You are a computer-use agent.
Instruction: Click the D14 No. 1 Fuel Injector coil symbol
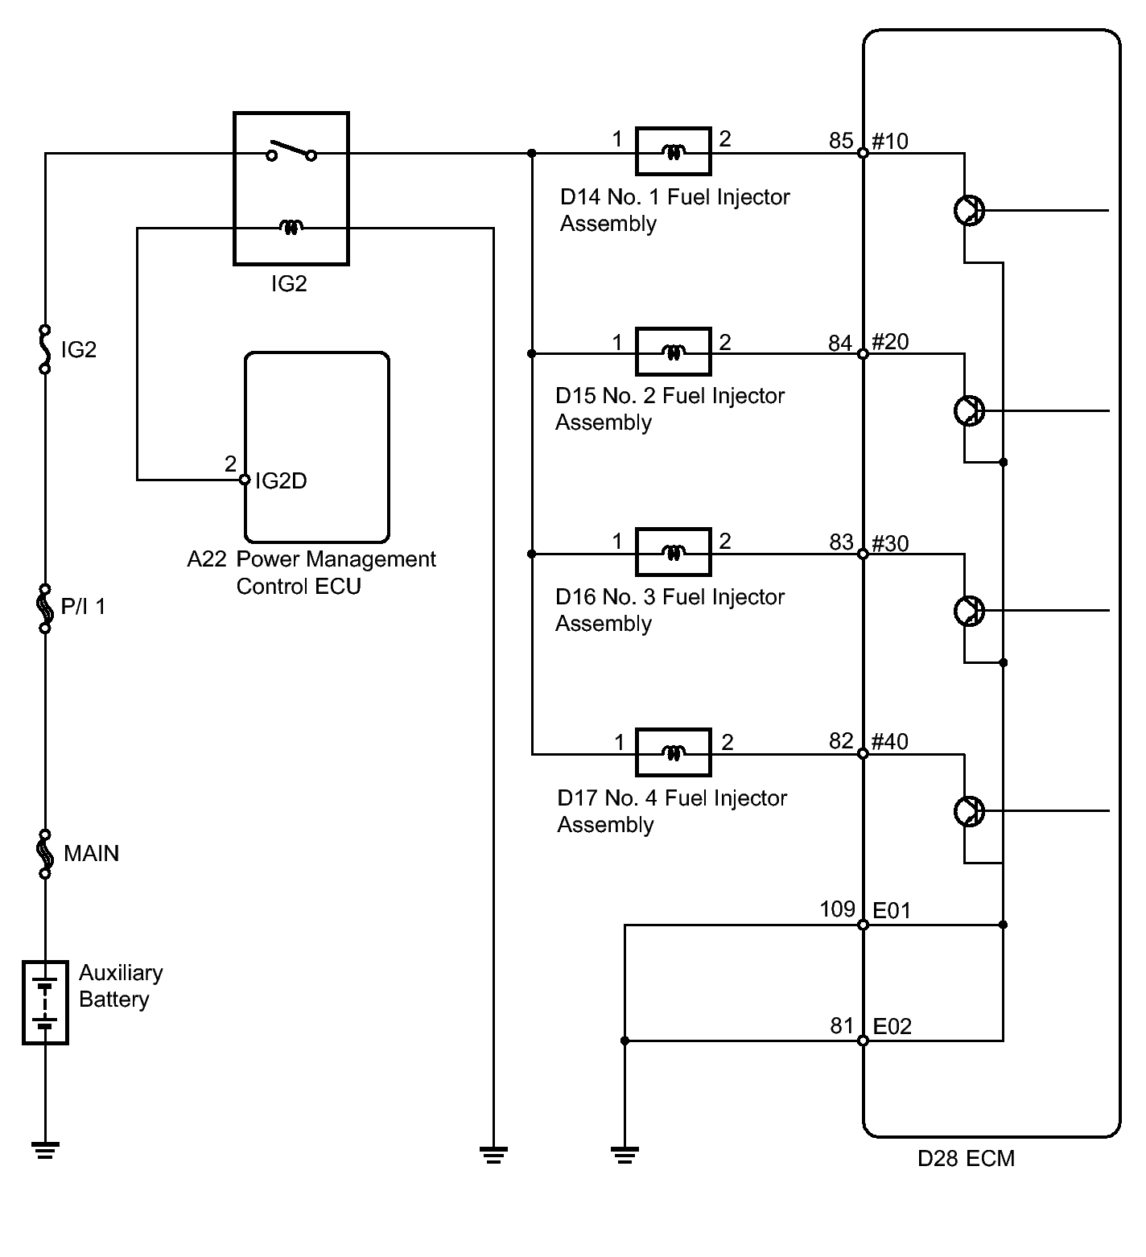[x=673, y=151]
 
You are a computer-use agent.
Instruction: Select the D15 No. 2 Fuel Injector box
[x=673, y=352]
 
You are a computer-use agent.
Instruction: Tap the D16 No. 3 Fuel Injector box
[x=673, y=552]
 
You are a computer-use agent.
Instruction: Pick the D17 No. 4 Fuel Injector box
[x=673, y=752]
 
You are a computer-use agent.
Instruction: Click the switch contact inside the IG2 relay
[x=292, y=150]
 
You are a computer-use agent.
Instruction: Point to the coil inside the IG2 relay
[x=291, y=229]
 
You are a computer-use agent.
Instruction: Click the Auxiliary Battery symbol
[x=45, y=1003]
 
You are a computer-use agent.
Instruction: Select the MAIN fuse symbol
[x=46, y=854]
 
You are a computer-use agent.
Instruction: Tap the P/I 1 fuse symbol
[x=45, y=608]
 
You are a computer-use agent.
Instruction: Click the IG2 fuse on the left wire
[x=45, y=349]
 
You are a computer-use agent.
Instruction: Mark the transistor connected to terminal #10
[x=969, y=211]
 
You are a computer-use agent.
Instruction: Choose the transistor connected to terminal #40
[x=969, y=811]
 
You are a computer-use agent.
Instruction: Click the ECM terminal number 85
[x=841, y=141]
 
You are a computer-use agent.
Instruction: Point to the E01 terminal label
[x=892, y=911]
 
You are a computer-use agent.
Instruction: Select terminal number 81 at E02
[x=842, y=1026]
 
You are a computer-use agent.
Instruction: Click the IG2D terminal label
[x=281, y=481]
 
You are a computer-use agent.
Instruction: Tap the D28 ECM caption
[x=966, y=1159]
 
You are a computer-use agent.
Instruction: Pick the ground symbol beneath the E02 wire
[x=625, y=1156]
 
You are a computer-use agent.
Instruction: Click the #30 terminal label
[x=890, y=544]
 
